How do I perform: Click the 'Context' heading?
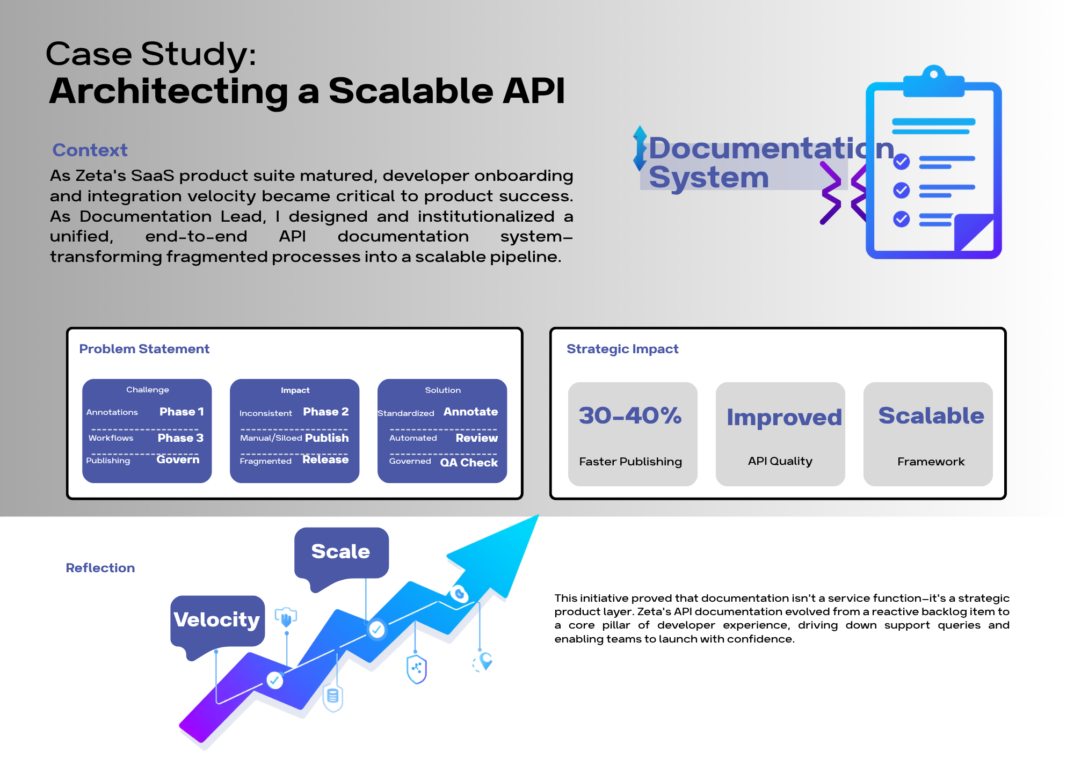[90, 150]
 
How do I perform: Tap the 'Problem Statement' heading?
[144, 349]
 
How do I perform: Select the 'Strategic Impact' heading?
[622, 349]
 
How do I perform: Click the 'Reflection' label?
[100, 568]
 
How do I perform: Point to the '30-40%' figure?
[630, 415]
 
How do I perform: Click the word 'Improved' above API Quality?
[783, 417]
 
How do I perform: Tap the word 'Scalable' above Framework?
[931, 415]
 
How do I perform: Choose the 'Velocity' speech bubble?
[217, 620]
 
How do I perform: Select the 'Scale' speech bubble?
[340, 552]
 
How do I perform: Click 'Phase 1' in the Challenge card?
[182, 412]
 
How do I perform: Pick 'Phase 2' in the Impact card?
[325, 412]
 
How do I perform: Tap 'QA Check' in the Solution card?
[469, 463]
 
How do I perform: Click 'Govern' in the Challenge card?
[178, 459]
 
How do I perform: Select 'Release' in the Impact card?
[325, 459]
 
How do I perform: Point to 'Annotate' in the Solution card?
[470, 412]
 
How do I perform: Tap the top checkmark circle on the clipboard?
[901, 161]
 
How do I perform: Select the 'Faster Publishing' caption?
[630, 462]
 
